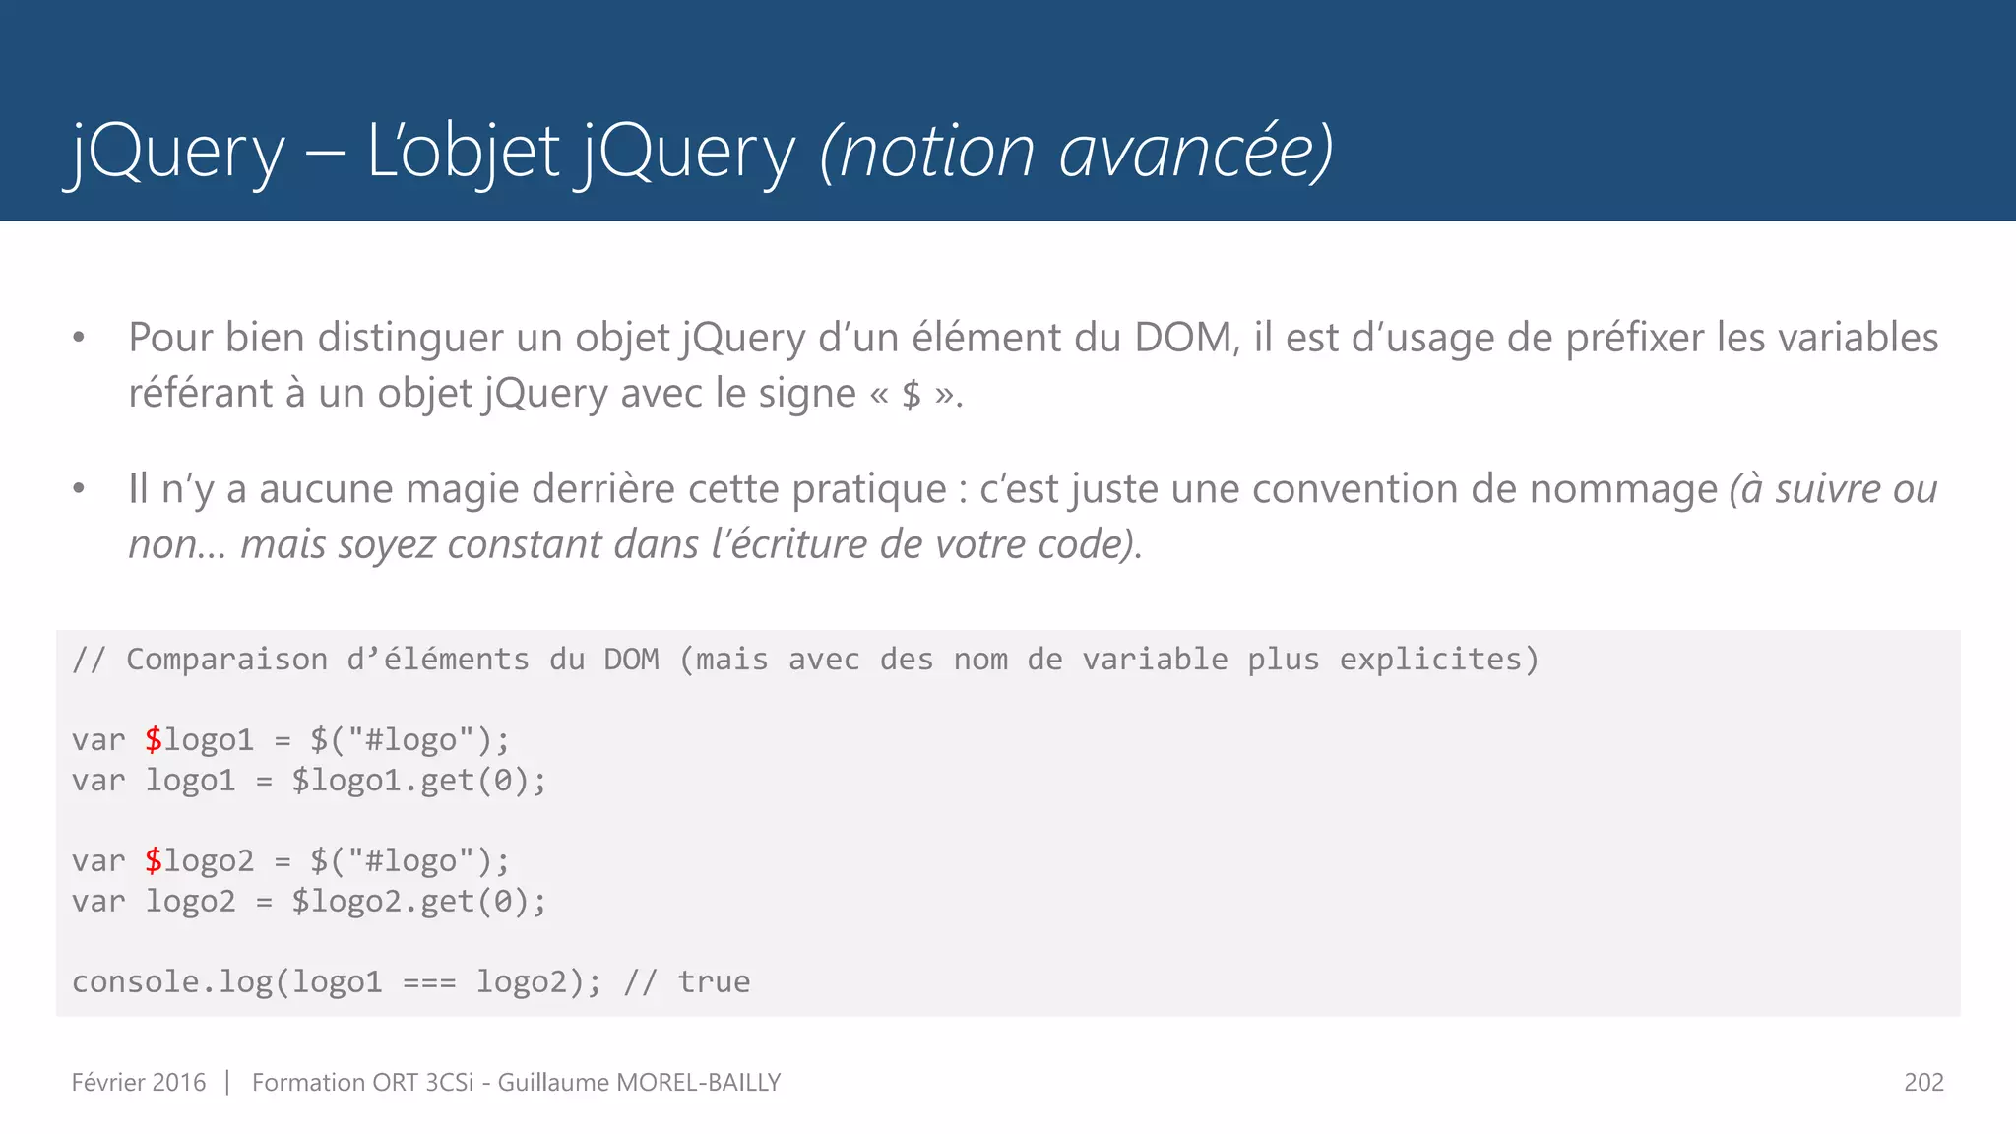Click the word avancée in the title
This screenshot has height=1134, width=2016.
[1185, 153]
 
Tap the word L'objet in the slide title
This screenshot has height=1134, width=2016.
[463, 153]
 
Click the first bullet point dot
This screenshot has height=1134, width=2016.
[79, 339]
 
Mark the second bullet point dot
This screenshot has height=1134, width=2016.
[79, 489]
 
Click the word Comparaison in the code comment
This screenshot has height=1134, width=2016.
[226, 660]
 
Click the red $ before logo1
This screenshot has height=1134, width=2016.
[154, 740]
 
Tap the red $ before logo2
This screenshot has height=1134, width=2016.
[154, 861]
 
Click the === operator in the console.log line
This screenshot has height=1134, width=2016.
[429, 982]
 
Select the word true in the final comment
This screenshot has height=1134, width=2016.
[714, 982]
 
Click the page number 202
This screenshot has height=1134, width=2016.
[1923, 1083]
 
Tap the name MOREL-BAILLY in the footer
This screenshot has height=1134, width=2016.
[698, 1083]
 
